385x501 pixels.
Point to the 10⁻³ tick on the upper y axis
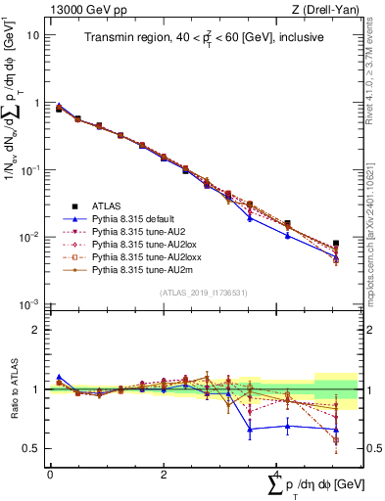[x=29, y=305]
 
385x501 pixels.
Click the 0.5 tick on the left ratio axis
[x=32, y=448]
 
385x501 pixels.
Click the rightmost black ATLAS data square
[x=336, y=243]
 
